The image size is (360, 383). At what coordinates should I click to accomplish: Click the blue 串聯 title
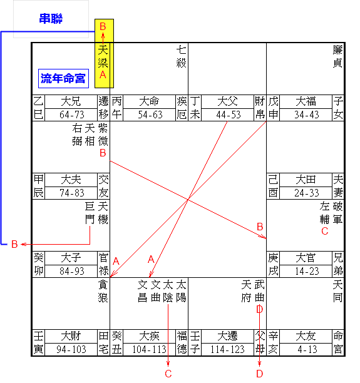tap(51, 19)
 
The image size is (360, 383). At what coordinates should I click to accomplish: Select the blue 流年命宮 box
tap(63, 78)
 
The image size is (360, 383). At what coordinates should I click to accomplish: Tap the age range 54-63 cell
tap(150, 115)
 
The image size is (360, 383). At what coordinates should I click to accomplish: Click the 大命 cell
tap(150, 101)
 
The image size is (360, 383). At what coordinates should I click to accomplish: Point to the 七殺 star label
tap(182, 56)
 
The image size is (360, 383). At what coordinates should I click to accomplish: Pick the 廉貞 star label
tap(337, 56)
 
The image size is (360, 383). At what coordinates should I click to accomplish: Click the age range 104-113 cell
tap(150, 349)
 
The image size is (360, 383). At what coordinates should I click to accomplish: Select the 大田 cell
tap(306, 180)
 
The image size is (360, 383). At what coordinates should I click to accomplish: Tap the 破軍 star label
tap(337, 213)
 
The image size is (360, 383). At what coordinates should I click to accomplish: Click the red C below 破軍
tap(325, 231)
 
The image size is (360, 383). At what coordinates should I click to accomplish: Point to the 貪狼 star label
tap(103, 291)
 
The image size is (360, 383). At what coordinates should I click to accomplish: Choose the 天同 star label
tap(337, 291)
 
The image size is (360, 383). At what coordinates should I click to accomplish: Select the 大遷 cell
tap(228, 336)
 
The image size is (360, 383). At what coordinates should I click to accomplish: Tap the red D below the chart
tap(260, 374)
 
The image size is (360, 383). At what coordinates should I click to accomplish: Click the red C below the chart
tap(168, 374)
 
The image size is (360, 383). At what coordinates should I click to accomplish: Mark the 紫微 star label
tap(103, 135)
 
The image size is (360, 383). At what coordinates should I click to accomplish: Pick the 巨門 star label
tap(90, 213)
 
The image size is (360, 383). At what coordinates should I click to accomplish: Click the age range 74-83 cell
tap(71, 193)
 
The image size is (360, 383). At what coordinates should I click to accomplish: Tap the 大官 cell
tap(306, 258)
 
